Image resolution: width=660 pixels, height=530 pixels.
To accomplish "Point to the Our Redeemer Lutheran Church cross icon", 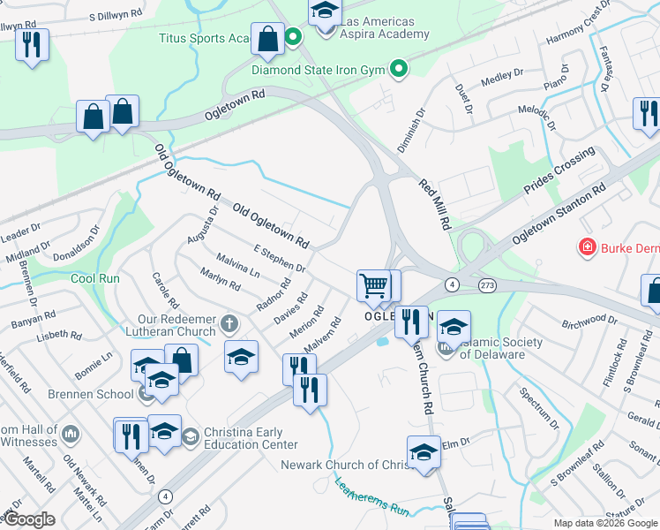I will click(230, 322).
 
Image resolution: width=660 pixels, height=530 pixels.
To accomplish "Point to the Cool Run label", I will click(95, 278).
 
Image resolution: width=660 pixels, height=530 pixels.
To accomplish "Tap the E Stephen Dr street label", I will click(279, 260).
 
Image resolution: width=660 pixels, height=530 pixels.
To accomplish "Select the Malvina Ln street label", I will click(238, 268).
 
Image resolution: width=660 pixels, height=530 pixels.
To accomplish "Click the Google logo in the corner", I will click(28, 519).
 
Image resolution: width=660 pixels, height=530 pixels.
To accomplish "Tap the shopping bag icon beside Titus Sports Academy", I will click(267, 38).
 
